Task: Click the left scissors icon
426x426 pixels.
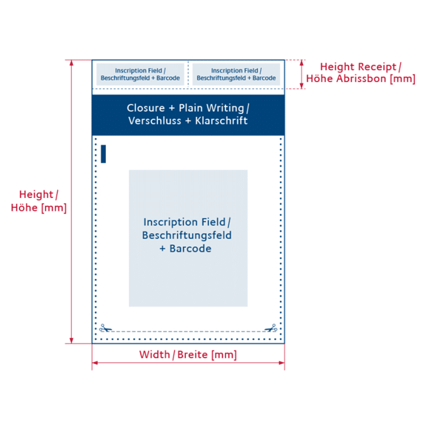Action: point(105,328)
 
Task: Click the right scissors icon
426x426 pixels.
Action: point(271,328)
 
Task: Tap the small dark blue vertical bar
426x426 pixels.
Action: point(103,154)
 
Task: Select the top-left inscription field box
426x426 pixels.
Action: point(140,74)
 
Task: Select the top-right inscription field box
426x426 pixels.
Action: point(236,74)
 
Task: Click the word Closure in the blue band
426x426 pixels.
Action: point(145,108)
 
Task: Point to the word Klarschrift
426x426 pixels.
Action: point(221,121)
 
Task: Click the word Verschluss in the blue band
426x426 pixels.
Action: point(154,121)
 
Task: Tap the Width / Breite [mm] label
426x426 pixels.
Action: point(188,355)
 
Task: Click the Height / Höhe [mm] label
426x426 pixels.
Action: point(38,201)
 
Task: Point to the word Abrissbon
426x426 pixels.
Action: point(361,78)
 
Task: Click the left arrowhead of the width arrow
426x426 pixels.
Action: point(95,363)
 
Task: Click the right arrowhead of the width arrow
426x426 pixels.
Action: point(282,363)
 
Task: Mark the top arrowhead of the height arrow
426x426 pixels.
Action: point(71,63)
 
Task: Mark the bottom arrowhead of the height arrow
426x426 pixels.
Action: point(71,341)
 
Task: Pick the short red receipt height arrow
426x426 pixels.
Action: point(301,75)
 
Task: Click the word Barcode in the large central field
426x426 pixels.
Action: point(191,249)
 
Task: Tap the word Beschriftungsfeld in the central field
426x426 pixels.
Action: point(187,235)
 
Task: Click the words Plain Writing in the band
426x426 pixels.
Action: point(211,108)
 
